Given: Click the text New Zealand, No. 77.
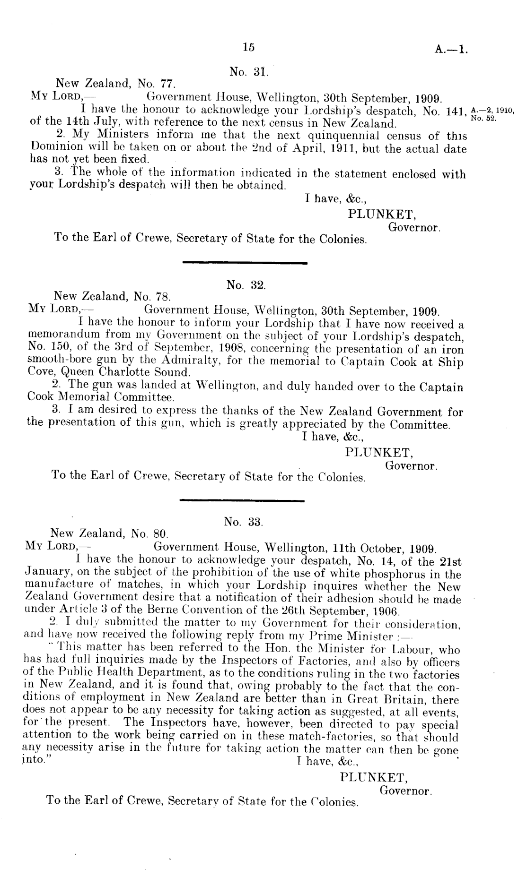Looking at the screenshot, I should pyautogui.click(x=116, y=84).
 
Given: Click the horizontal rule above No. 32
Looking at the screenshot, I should pyautogui.click(x=245, y=262).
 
